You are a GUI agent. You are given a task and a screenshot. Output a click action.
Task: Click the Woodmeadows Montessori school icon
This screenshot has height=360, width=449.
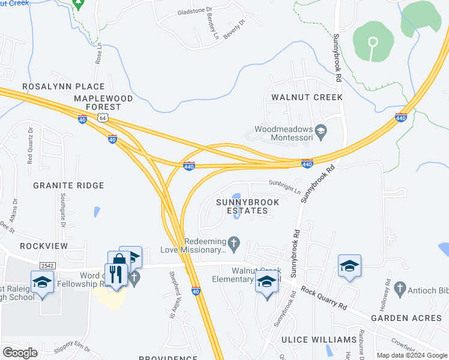click(x=321, y=130)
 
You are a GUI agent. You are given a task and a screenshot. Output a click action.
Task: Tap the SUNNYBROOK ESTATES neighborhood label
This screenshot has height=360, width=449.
click(x=247, y=206)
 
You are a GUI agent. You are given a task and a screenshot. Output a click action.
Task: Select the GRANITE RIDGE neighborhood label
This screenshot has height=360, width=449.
click(x=69, y=186)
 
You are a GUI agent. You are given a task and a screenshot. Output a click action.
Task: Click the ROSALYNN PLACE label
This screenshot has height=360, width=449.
click(x=63, y=87)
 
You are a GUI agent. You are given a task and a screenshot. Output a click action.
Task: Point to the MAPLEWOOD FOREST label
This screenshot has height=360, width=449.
click(x=98, y=102)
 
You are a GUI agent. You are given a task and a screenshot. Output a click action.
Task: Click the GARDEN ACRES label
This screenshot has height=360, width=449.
click(x=409, y=317)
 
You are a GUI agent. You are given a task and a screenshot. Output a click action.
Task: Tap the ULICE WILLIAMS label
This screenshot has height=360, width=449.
click(x=319, y=340)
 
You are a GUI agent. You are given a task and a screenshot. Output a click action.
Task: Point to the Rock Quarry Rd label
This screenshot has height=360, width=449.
click(x=324, y=298)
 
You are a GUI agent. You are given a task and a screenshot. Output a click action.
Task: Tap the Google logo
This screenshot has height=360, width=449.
click(x=20, y=352)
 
